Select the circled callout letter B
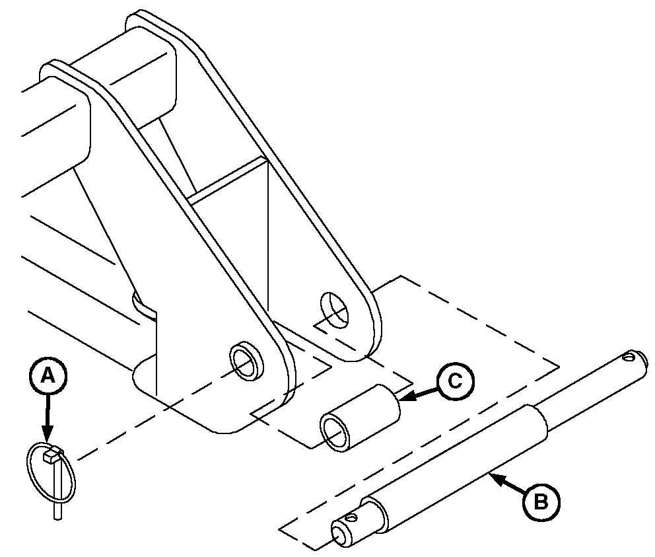(541, 501)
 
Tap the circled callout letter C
(456, 381)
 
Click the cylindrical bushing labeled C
(360, 418)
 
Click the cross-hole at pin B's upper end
(628, 357)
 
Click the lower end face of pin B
(339, 534)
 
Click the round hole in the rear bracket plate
(333, 311)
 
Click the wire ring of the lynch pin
(51, 472)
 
